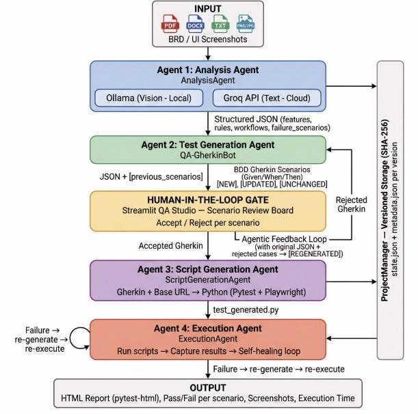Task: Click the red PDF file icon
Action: (x=170, y=24)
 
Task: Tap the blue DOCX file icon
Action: (x=195, y=24)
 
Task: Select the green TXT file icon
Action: (x=220, y=24)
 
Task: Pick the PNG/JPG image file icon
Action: (x=246, y=24)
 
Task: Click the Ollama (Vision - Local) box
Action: (x=148, y=98)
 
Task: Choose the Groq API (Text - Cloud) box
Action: (x=267, y=98)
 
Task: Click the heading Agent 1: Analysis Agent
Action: (x=208, y=70)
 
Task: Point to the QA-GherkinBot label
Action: (x=208, y=155)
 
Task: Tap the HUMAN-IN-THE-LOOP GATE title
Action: (x=208, y=200)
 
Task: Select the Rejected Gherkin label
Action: (x=352, y=204)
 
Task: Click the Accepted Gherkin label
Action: (x=170, y=246)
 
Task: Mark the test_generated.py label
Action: (x=246, y=310)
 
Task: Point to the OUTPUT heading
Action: (x=208, y=387)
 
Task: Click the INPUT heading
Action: (x=208, y=9)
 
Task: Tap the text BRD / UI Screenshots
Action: (x=208, y=40)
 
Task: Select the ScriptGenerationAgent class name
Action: (x=208, y=280)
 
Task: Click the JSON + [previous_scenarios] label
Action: (x=151, y=177)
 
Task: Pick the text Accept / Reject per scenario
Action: (x=208, y=223)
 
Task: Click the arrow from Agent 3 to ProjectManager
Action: (x=352, y=281)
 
